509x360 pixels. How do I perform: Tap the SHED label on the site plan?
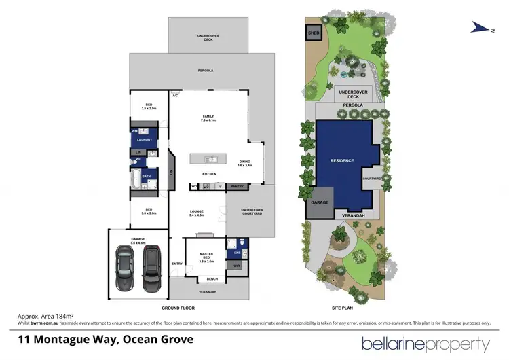click(314, 32)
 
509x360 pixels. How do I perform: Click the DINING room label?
click(244, 162)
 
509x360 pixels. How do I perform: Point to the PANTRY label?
click(238, 186)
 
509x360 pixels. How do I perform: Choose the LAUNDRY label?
click(143, 141)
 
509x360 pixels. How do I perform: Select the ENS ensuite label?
click(237, 253)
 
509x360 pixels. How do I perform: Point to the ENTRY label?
click(177, 263)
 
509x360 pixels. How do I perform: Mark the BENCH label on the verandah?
click(211, 279)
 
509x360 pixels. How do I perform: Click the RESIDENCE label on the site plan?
click(342, 160)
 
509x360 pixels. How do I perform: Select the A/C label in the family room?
click(175, 96)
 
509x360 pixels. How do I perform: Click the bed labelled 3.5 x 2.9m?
click(149, 107)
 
